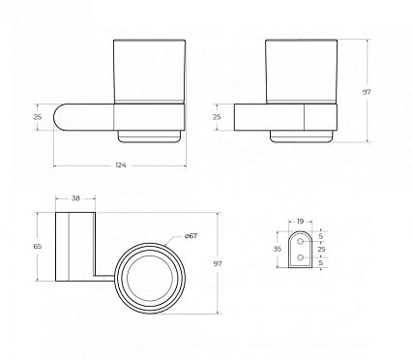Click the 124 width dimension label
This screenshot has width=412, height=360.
121,165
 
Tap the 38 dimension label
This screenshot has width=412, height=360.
75,198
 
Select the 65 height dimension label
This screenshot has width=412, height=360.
38,247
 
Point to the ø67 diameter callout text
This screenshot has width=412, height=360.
191,236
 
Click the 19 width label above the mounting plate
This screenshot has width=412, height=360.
300,222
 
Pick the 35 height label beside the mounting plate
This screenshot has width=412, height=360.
278,249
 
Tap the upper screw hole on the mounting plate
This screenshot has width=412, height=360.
301,241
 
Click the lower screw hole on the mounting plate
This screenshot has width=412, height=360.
301,257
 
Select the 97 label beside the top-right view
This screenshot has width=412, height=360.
367,92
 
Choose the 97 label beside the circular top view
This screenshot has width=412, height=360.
218,263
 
